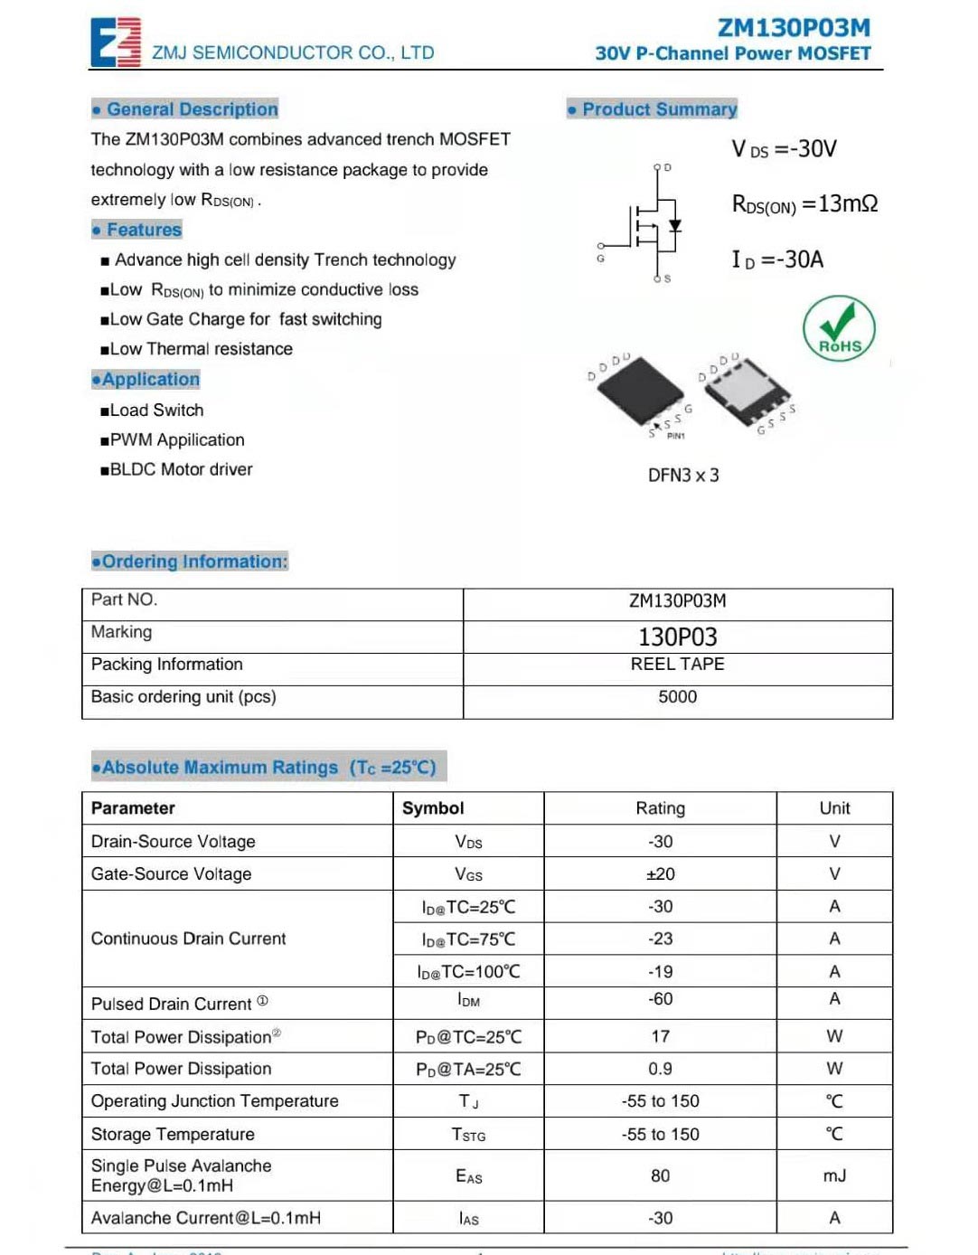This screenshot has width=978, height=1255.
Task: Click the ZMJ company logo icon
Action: (116, 42)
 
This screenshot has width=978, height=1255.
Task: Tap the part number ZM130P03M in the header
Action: (794, 28)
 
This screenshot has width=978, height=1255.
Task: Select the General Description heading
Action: (185, 109)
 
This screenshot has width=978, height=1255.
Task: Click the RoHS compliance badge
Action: (839, 328)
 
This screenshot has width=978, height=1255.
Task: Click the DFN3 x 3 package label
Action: (683, 476)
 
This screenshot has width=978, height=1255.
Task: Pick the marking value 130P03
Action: (677, 637)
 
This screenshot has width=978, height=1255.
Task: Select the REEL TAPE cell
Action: (677, 665)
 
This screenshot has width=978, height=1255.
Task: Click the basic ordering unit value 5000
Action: (677, 697)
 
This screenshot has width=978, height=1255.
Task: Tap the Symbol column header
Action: (433, 808)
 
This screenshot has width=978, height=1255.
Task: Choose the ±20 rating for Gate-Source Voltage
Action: (660, 874)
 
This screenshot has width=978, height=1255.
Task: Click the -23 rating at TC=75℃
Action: (660, 939)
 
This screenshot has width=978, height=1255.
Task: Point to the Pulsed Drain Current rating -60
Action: (660, 999)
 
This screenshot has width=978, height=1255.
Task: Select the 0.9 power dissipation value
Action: (660, 1069)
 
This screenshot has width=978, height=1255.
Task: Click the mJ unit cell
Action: (834, 1175)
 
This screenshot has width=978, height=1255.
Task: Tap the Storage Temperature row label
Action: (173, 1135)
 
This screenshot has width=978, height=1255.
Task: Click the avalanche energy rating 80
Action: (660, 1175)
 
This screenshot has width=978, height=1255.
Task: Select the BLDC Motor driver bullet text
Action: (180, 469)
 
